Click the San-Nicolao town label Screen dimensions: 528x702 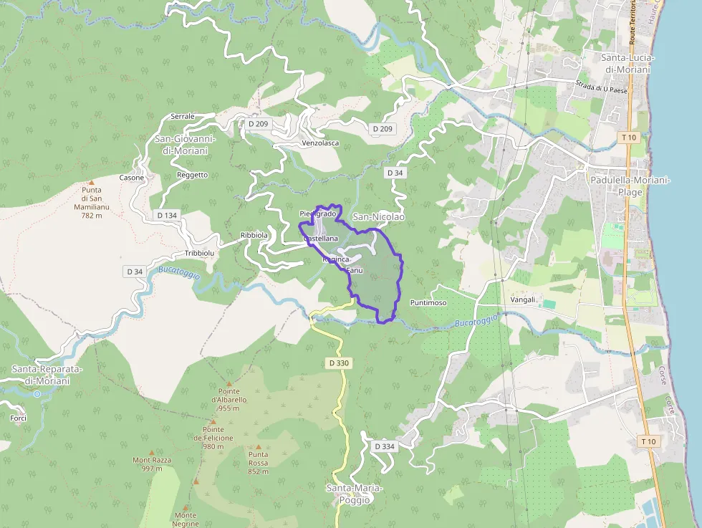[x=379, y=216]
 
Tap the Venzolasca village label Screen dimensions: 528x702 [x=320, y=143]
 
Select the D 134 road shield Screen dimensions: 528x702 [x=166, y=215]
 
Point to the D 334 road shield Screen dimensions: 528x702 [x=384, y=446]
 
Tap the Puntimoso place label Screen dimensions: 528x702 [x=428, y=303]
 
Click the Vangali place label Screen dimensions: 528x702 [x=522, y=299]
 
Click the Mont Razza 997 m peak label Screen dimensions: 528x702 [x=148, y=464]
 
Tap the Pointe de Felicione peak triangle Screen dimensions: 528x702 [x=213, y=421]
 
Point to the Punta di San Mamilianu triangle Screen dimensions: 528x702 [x=90, y=183]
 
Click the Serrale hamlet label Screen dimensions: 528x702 [x=183, y=116]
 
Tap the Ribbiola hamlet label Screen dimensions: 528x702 [x=254, y=235]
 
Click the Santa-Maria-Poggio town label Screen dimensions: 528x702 [x=355, y=494]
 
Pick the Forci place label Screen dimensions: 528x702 [x=19, y=418]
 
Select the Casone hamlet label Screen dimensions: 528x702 [x=132, y=178]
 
